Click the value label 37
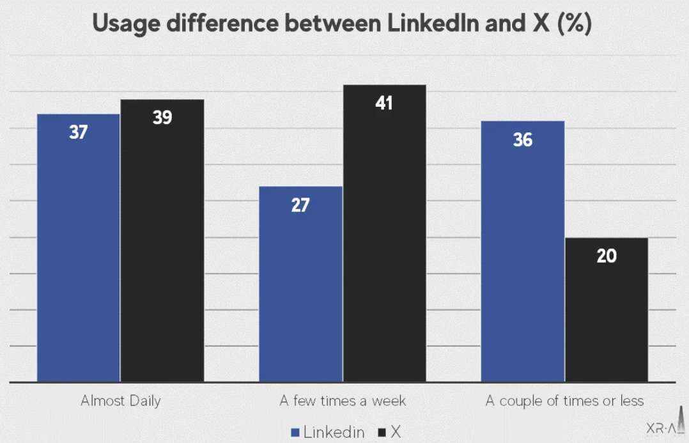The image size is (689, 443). pyautogui.click(x=79, y=133)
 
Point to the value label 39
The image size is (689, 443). pyautogui.click(x=162, y=118)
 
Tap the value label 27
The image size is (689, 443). pyautogui.click(x=300, y=206)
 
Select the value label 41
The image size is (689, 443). pyautogui.click(x=384, y=104)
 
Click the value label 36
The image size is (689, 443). pyautogui.click(x=523, y=140)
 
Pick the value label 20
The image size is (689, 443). pyautogui.click(x=607, y=256)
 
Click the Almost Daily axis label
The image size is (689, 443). pyautogui.click(x=121, y=401)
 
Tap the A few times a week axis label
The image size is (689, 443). pyautogui.click(x=343, y=401)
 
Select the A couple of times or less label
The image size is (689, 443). pyautogui.click(x=564, y=401)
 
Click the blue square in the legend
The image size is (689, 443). pyautogui.click(x=295, y=433)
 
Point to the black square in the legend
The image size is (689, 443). pyautogui.click(x=382, y=433)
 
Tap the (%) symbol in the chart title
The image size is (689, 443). pyautogui.click(x=575, y=24)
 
